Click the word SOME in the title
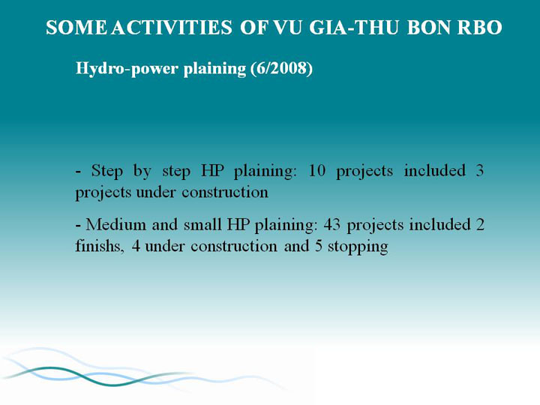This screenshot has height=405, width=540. pyautogui.click(x=76, y=28)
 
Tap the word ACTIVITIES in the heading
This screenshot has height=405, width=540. pyautogui.click(x=172, y=28)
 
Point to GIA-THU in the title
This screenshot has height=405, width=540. pyautogui.click(x=354, y=28)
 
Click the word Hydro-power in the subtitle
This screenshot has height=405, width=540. pyautogui.click(x=127, y=69)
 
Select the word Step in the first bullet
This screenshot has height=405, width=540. pyautogui.click(x=106, y=171)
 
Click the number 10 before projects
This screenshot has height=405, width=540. pyautogui.click(x=316, y=170)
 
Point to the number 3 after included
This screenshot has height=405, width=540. pyautogui.click(x=480, y=170)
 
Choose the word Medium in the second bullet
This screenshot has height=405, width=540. pyautogui.click(x=116, y=224)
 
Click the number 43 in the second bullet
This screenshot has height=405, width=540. pyautogui.click(x=332, y=224)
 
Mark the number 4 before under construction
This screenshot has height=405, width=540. pyautogui.click(x=136, y=246)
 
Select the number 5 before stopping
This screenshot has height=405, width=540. pyautogui.click(x=319, y=246)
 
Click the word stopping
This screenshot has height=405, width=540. pyautogui.click(x=358, y=247)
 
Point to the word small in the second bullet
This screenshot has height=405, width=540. pyautogui.click(x=202, y=224)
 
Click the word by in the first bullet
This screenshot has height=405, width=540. pyautogui.click(x=142, y=171)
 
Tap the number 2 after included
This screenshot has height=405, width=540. pyautogui.click(x=481, y=224)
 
